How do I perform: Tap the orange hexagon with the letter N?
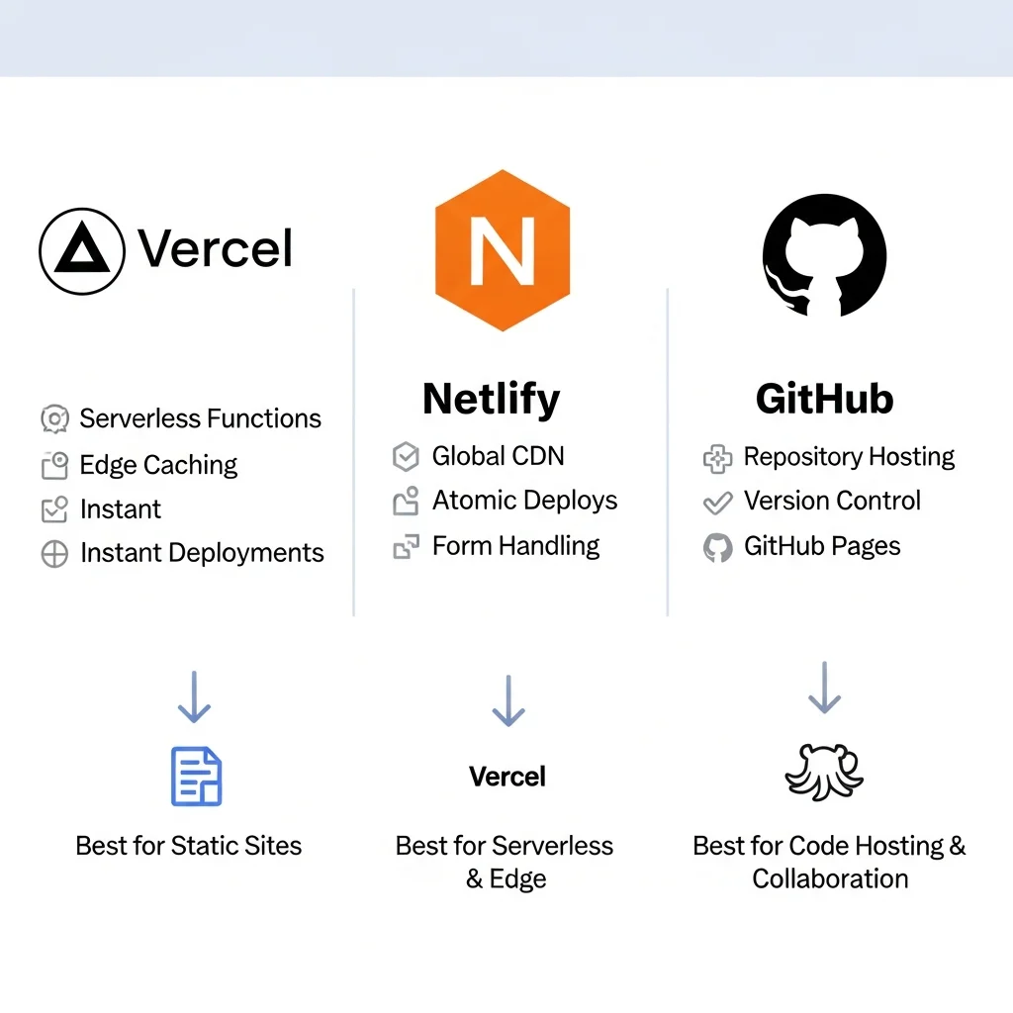(502, 250)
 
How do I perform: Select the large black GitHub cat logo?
(824, 254)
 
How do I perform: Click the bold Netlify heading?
(491, 399)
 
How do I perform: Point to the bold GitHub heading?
(824, 399)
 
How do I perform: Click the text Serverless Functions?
(200, 418)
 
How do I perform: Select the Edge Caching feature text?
(158, 465)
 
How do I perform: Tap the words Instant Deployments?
(202, 553)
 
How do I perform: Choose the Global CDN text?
(498, 456)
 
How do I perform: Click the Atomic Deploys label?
(524, 501)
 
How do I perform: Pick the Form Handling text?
(515, 546)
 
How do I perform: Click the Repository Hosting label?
(849, 457)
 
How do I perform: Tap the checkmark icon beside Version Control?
(717, 503)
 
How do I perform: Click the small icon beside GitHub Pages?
(717, 547)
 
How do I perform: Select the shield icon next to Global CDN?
(406, 456)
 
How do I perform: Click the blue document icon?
(197, 777)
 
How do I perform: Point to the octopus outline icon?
(824, 773)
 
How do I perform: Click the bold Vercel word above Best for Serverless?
(507, 777)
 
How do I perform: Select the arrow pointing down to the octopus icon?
(824, 689)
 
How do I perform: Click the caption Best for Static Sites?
(188, 846)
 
